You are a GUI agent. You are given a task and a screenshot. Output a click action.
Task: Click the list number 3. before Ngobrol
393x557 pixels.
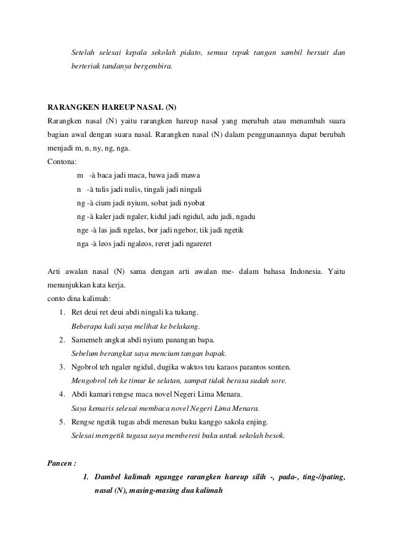(63, 367)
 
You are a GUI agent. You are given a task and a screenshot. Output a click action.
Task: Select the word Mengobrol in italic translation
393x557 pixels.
(92, 381)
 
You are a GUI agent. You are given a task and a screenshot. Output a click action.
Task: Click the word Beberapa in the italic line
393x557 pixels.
(88, 326)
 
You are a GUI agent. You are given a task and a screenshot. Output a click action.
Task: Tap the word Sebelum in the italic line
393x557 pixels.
(86, 353)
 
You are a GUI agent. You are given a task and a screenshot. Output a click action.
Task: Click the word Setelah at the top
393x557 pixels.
(85, 51)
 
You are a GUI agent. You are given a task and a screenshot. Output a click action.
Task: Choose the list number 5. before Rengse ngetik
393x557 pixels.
(63, 422)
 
